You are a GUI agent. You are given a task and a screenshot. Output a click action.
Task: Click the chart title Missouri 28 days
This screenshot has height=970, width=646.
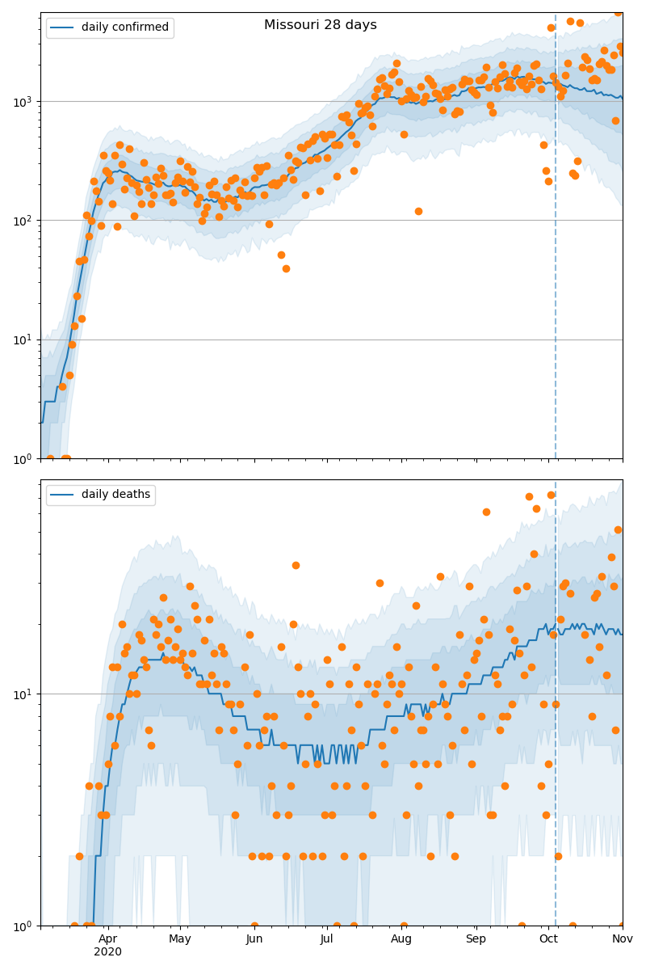(320, 25)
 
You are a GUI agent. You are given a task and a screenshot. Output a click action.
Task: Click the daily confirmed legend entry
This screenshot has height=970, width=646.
(110, 27)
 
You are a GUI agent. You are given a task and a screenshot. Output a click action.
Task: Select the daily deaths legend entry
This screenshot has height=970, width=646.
(100, 495)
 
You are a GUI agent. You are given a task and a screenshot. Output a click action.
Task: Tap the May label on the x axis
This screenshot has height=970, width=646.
(180, 938)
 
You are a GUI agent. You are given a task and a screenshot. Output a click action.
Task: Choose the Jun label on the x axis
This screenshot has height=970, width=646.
(254, 938)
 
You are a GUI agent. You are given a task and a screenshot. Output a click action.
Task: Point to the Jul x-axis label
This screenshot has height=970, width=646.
(326, 938)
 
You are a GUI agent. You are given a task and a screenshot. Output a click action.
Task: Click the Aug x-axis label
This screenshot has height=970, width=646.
(401, 938)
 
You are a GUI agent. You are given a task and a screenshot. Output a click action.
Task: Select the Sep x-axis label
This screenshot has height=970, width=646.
(476, 938)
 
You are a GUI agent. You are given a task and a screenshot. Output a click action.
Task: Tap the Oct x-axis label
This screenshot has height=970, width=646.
(548, 938)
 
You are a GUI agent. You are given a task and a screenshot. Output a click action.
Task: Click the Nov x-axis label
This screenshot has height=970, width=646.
(622, 938)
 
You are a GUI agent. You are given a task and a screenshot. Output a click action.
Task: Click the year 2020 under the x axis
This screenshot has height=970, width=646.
(107, 952)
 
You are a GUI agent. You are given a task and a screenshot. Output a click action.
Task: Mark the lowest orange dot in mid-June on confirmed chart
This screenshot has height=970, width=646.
(286, 268)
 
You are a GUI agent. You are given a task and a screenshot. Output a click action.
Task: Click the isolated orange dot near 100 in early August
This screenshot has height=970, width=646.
(418, 211)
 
